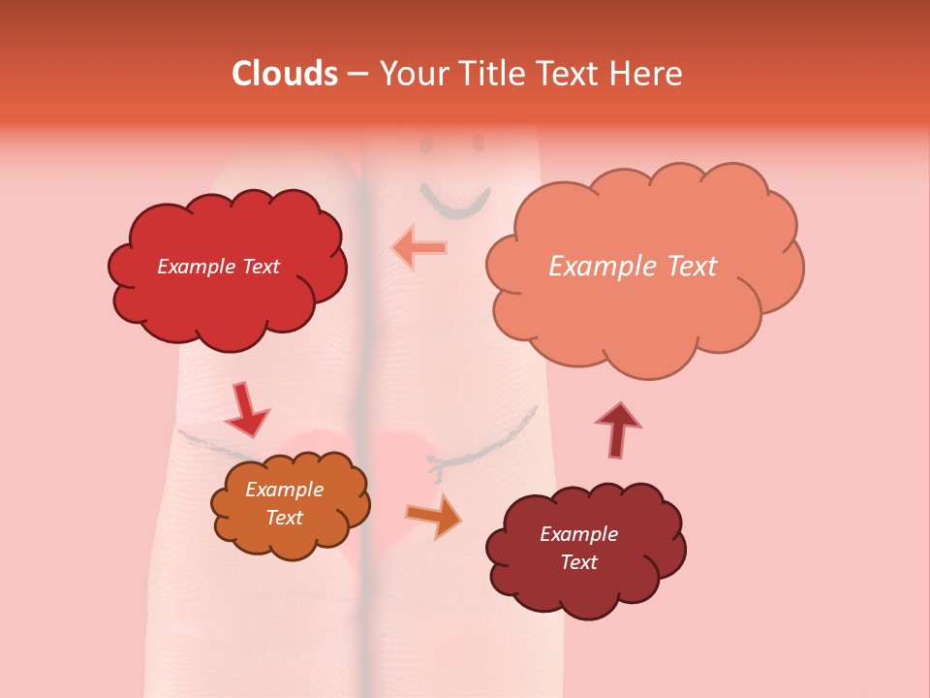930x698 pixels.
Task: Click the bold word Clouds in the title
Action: tap(285, 74)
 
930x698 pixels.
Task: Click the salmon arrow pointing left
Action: tap(418, 247)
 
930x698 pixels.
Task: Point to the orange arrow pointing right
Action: tap(434, 515)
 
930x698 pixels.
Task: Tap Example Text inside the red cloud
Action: tap(218, 267)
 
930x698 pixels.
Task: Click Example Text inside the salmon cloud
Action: tap(633, 267)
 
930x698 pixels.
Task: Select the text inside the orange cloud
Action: tap(284, 504)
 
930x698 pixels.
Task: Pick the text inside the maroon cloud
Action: tap(578, 548)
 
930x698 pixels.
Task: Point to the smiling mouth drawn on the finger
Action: tap(455, 201)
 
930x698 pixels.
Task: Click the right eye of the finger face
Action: tap(478, 143)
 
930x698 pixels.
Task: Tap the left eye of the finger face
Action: tap(427, 147)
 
